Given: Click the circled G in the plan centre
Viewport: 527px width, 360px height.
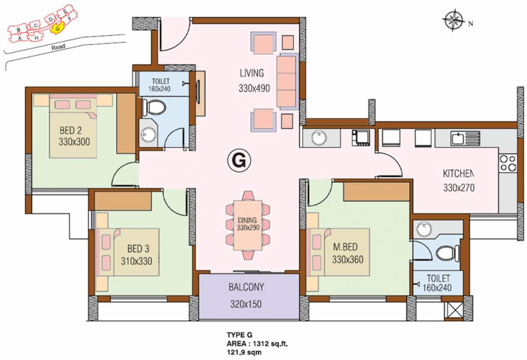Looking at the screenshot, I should point(238,161).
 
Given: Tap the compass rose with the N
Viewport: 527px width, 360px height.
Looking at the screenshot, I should point(453,21).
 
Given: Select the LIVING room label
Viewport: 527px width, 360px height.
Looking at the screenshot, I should point(252,73).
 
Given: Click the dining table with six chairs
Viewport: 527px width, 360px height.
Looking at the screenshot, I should point(248,225).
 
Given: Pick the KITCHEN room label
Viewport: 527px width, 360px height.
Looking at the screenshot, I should point(459,174).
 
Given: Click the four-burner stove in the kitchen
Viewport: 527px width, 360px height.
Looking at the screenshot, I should point(507,163).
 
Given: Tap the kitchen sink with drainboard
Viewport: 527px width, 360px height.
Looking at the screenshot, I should point(465,137).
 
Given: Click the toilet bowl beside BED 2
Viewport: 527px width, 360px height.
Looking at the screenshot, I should point(154,108).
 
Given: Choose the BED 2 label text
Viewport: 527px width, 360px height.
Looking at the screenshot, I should point(74,135).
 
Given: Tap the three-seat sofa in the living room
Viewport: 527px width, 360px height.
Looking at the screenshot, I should point(287,82).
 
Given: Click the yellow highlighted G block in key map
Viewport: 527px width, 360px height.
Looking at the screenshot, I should point(57,29).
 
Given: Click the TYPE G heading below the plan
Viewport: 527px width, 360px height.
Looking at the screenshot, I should point(239,335).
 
